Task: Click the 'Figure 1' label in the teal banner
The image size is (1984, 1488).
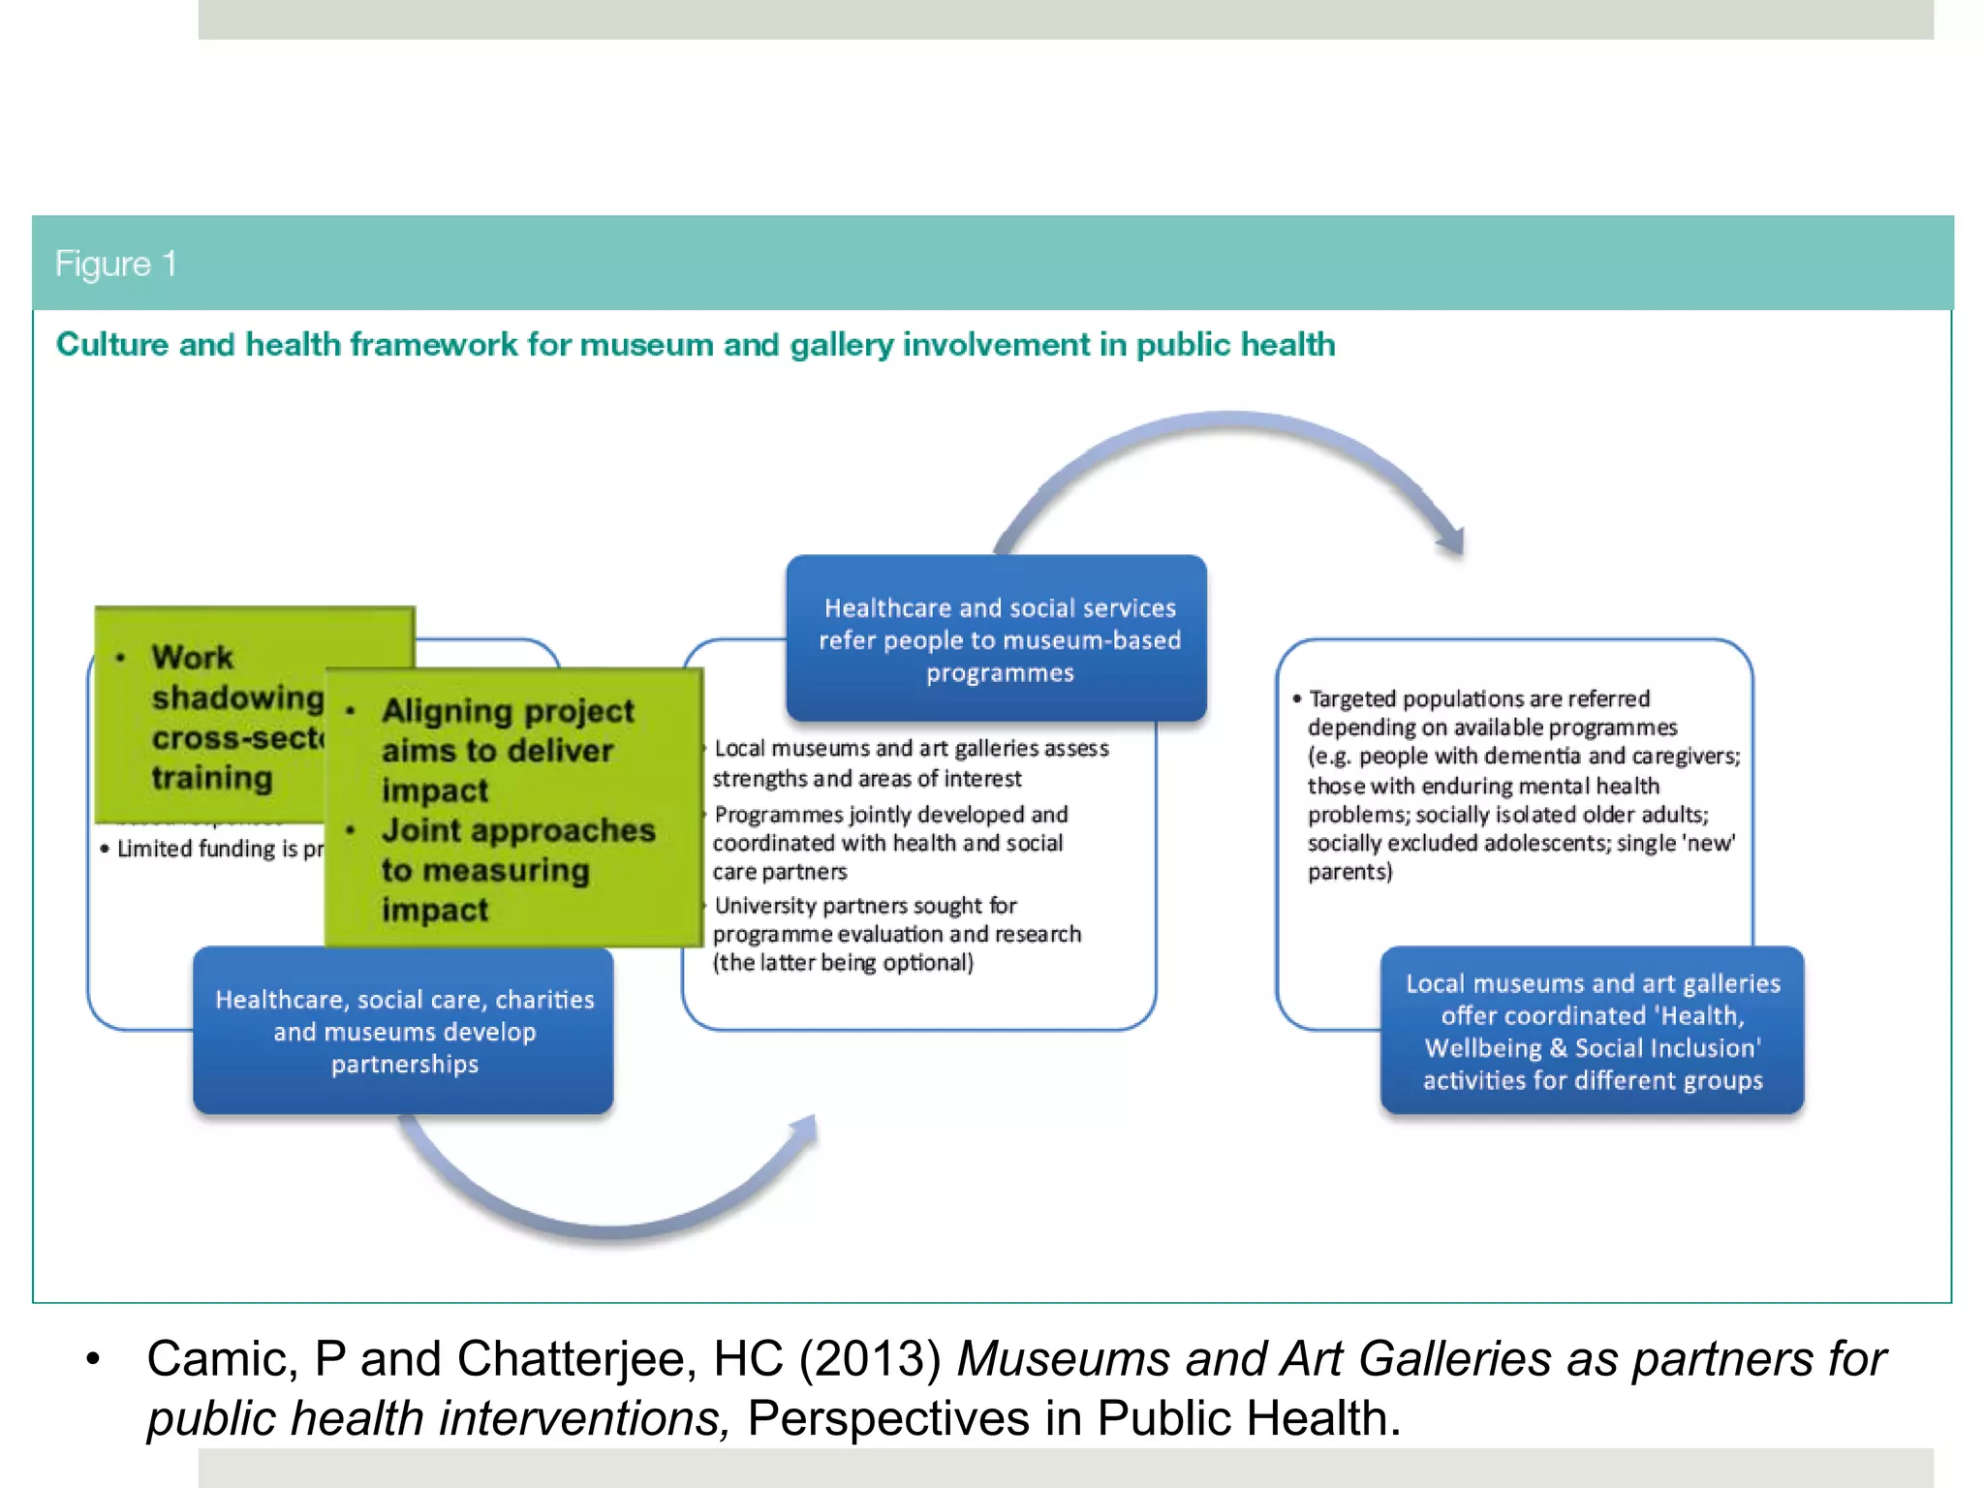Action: point(115,263)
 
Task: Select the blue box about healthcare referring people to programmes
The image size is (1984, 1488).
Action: point(998,639)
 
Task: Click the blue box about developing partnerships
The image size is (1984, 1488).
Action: point(404,1031)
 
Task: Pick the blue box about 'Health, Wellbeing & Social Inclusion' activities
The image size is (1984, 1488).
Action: point(1592,1031)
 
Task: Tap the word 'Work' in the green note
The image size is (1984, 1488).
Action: point(192,658)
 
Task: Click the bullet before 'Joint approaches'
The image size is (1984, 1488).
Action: point(351,831)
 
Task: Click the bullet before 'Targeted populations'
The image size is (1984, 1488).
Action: point(1296,698)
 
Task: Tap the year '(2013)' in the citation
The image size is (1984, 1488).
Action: point(870,1358)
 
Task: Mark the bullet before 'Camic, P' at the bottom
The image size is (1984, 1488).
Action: point(93,1359)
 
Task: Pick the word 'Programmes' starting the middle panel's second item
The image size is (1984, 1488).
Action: point(778,815)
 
